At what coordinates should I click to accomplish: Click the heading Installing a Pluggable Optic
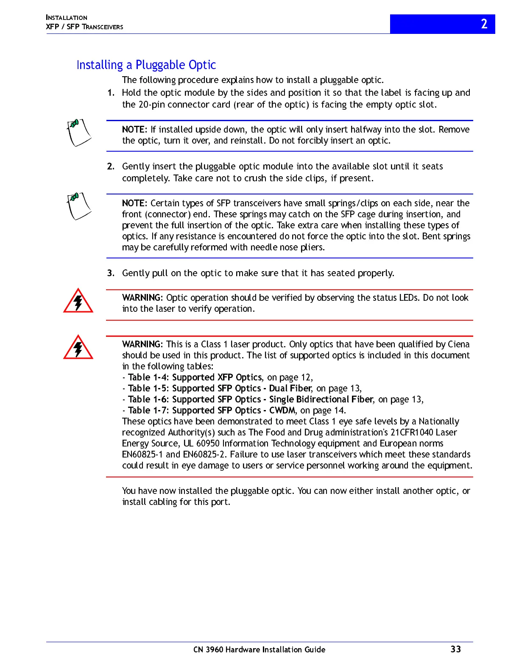pyautogui.click(x=146, y=65)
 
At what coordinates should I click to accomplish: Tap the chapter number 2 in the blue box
pyautogui.click(x=484, y=24)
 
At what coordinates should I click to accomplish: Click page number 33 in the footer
pyautogui.click(x=455, y=649)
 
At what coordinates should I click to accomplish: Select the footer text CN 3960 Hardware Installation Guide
pyautogui.click(x=259, y=649)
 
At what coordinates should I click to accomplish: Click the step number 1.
pyautogui.click(x=110, y=93)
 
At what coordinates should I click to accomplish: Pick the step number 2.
pyautogui.click(x=110, y=166)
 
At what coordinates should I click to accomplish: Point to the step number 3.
pyautogui.click(x=110, y=273)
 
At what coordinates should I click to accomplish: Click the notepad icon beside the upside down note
pyautogui.click(x=78, y=133)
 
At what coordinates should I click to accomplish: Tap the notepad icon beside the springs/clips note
pyautogui.click(x=78, y=206)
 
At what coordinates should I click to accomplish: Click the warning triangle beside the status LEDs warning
pyautogui.click(x=78, y=302)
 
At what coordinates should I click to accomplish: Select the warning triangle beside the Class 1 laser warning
pyautogui.click(x=78, y=348)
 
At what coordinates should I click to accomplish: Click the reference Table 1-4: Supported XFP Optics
pyautogui.click(x=195, y=377)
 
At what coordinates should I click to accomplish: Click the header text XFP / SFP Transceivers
pyautogui.click(x=84, y=27)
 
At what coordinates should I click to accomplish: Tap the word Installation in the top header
pyautogui.click(x=67, y=18)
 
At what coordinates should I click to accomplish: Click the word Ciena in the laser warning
pyautogui.click(x=458, y=344)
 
